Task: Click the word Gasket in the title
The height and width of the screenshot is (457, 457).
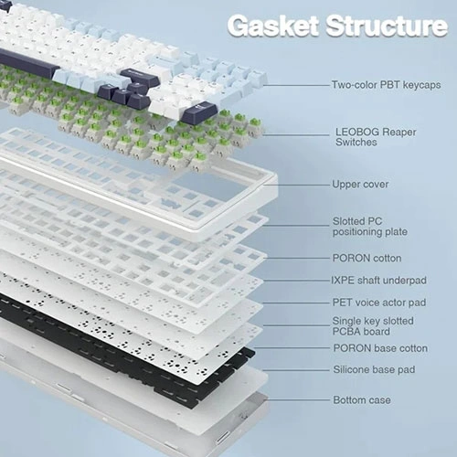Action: (x=273, y=26)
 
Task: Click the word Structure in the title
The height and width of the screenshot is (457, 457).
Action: (x=387, y=26)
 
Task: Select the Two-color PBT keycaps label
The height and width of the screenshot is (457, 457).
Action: (x=386, y=85)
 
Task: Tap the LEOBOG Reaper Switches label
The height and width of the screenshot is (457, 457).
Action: (x=376, y=137)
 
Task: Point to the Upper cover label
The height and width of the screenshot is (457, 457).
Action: (x=360, y=185)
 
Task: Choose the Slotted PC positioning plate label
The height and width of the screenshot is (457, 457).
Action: (x=370, y=227)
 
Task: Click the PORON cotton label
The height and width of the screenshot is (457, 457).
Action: (x=367, y=258)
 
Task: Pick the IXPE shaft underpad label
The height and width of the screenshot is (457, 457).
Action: (x=378, y=281)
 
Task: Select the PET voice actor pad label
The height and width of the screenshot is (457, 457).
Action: (x=379, y=303)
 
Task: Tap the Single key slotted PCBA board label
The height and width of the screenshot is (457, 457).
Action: (x=373, y=326)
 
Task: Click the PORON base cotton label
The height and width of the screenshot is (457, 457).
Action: (x=380, y=348)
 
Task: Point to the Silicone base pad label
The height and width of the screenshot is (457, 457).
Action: (x=374, y=369)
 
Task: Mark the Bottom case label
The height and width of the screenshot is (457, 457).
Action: (x=362, y=399)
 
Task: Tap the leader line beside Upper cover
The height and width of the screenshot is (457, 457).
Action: (x=297, y=185)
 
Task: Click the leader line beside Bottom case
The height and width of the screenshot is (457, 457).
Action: (x=299, y=399)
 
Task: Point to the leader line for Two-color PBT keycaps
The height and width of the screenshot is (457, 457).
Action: (x=297, y=85)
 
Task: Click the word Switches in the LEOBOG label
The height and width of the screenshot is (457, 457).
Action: (x=356, y=143)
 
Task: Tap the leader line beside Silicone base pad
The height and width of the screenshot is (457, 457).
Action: (x=296, y=370)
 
